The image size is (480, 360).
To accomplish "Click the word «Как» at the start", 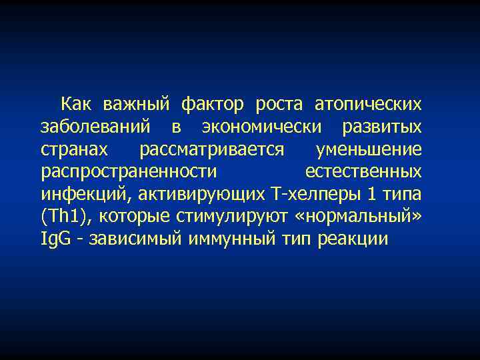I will [x=77, y=104].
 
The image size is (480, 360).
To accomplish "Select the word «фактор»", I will [x=207, y=104].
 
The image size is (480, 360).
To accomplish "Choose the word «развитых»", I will [x=381, y=127].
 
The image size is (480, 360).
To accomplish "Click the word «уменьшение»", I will [x=369, y=149].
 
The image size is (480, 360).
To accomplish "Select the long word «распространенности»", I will [x=129, y=172].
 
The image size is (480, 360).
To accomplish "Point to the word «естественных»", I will [x=363, y=172].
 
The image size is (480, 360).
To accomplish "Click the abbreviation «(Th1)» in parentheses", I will [x=65, y=217].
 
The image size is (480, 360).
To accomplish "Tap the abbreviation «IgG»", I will [x=54, y=239].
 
